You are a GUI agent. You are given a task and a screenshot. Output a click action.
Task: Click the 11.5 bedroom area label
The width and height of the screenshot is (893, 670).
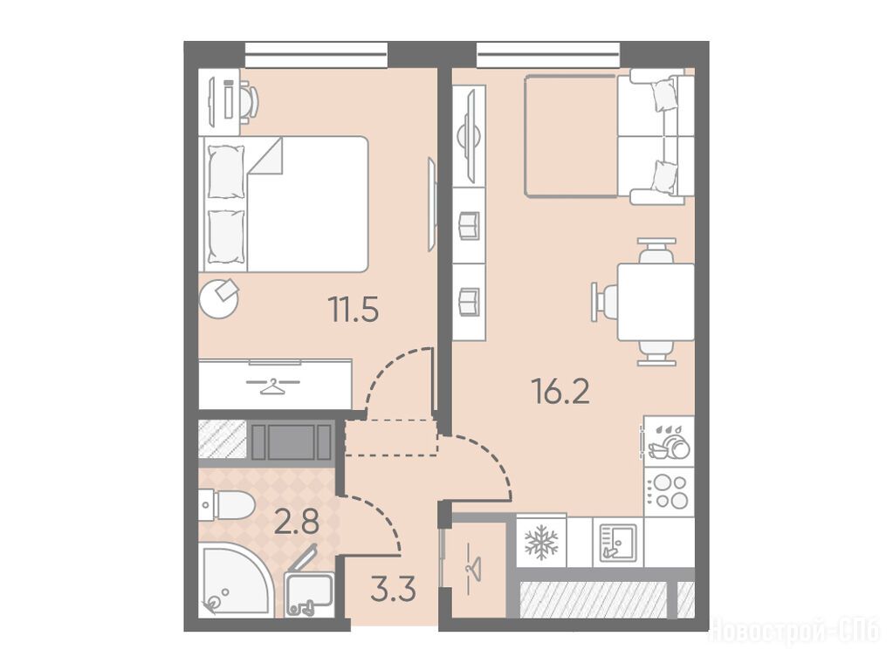point(354,311)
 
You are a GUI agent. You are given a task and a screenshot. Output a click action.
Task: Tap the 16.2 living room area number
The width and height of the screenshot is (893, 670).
point(560,391)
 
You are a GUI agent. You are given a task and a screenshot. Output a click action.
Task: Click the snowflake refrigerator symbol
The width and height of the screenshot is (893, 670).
point(539,542)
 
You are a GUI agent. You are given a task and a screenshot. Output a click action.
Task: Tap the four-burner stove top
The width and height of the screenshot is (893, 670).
point(669,492)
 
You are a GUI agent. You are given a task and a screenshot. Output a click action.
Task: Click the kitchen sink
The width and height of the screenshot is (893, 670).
point(617,542)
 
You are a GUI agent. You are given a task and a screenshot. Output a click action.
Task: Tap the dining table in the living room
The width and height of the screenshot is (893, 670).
point(656,302)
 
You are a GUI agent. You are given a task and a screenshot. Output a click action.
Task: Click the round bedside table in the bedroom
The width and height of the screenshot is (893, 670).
point(219,298)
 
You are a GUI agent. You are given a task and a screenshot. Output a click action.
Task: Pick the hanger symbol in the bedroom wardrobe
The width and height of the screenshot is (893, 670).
point(273,386)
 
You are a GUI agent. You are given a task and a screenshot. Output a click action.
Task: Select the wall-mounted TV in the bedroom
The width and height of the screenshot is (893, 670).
point(431,205)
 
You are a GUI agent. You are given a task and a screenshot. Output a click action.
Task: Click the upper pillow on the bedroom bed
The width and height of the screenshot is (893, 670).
point(226,171)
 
